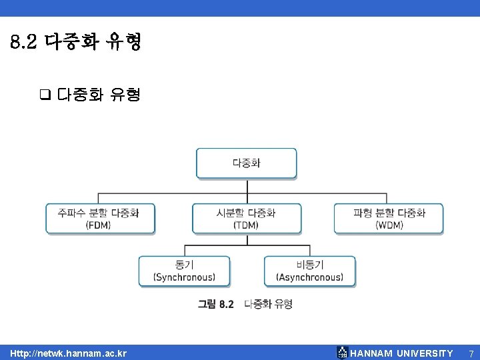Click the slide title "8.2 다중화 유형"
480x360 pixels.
(76, 44)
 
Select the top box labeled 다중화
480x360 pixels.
(246, 163)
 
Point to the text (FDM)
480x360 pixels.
(99, 225)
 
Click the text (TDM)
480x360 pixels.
(246, 225)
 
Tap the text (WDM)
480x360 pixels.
(389, 225)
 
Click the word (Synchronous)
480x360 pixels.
(184, 277)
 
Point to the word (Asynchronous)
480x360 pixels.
(309, 277)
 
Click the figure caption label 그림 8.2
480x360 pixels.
(216, 304)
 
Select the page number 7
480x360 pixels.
(471, 353)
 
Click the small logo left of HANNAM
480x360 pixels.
(342, 353)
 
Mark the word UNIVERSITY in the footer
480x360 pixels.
(425, 353)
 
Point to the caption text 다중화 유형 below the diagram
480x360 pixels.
(268, 304)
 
